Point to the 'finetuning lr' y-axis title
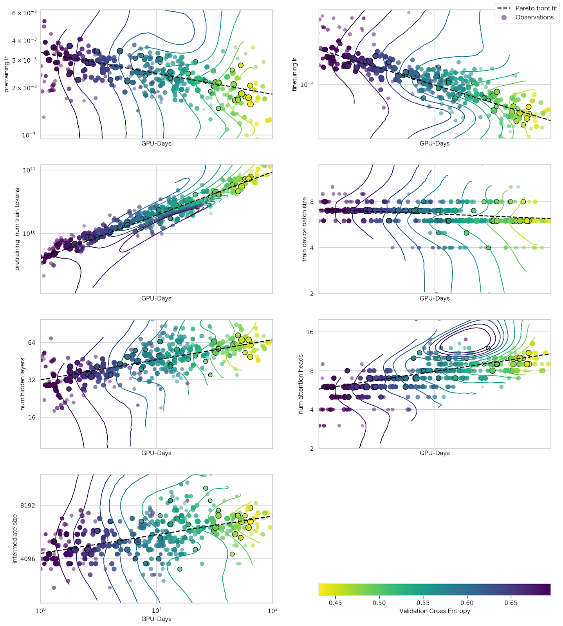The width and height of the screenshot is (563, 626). pos(294,74)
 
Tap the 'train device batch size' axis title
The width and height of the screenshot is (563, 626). pos(304,229)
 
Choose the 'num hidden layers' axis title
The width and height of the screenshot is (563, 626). pos(22,384)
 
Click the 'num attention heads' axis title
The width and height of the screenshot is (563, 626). pos(301,384)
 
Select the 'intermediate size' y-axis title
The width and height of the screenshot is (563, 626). pos(15,539)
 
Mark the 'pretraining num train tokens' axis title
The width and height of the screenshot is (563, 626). pos(17,229)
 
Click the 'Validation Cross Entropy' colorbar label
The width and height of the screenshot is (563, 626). pos(435,611)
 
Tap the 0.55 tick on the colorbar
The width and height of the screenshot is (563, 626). pos(423,603)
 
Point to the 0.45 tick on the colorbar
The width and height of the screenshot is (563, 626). pos(335,603)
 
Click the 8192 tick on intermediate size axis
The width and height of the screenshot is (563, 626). pos(27,505)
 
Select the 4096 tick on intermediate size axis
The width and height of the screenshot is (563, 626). pos(27,559)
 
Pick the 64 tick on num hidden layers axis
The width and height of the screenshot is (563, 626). pos(31,343)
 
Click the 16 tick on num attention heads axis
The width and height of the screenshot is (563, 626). pos(310,332)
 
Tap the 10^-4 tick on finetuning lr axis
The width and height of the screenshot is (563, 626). pos(307,85)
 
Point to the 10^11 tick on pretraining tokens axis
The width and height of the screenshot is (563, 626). pos(29,170)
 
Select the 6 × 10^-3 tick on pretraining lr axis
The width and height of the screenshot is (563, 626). pos(24,13)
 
